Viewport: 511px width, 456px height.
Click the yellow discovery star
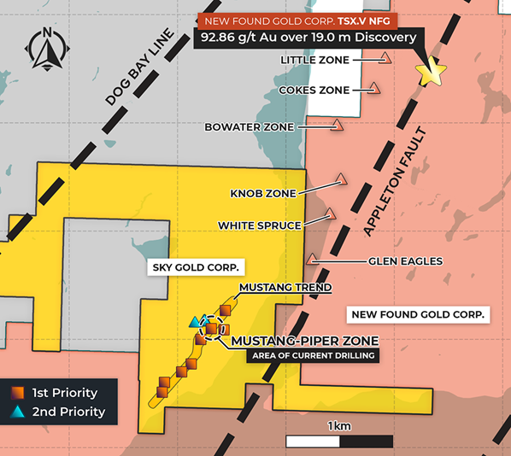(x=431, y=73)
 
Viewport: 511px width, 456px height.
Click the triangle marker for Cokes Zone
(x=374, y=87)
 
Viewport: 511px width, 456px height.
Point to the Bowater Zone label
(x=249, y=127)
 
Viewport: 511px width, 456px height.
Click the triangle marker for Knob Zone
(x=342, y=179)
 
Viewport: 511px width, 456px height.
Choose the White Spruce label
(x=259, y=225)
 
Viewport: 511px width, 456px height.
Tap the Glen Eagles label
(x=405, y=260)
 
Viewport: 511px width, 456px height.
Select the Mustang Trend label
(x=285, y=288)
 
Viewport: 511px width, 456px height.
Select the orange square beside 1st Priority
(x=17, y=393)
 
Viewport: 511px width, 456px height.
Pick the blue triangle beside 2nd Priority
(x=17, y=412)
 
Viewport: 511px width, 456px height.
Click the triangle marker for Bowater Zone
(x=338, y=125)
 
